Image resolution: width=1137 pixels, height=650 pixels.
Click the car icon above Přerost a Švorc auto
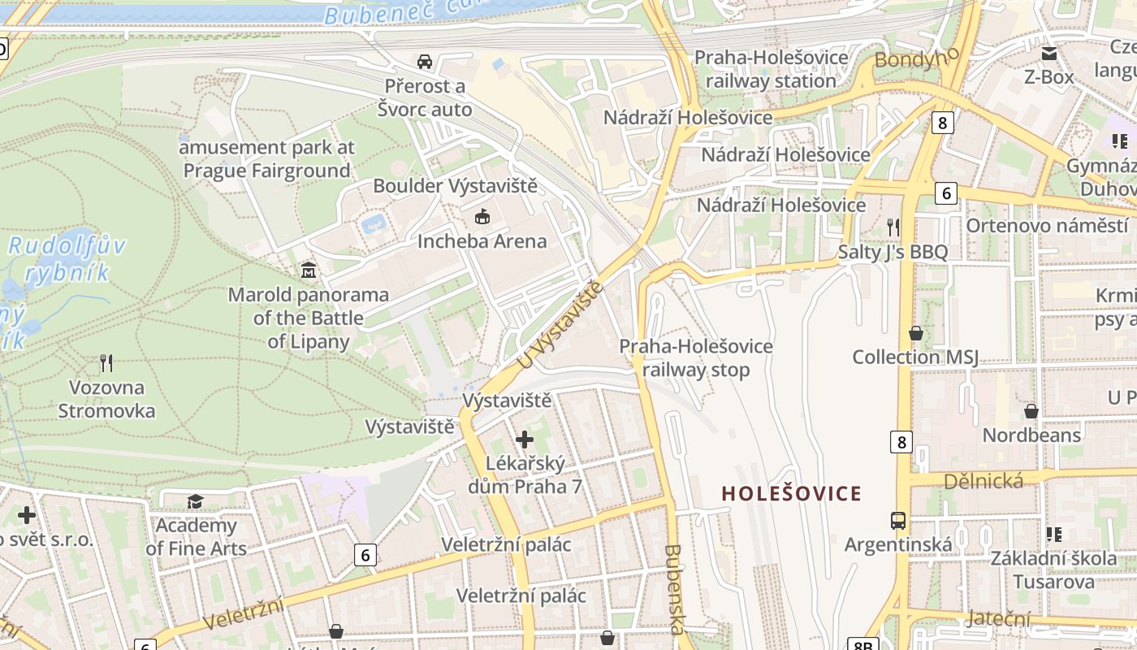424,62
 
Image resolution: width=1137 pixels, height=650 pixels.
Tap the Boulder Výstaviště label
455,186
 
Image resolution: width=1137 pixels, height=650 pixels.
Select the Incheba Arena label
482,241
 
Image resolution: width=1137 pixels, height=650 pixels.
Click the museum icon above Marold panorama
309,270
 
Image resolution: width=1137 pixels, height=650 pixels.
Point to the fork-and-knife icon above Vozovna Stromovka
106,362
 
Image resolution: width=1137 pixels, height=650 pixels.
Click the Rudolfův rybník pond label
67,258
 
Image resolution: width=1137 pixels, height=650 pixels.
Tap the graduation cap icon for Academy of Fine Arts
195,501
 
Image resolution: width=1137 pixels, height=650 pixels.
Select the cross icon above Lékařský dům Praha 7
525,440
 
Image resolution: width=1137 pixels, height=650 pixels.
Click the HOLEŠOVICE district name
791,493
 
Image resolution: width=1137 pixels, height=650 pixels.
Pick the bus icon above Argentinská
898,520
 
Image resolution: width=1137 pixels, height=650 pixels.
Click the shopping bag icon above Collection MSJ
915,333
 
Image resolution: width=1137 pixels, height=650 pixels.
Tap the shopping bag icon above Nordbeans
1031,411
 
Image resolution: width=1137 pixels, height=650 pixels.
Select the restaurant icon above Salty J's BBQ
893,227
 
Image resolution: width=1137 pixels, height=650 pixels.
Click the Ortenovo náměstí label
1046,225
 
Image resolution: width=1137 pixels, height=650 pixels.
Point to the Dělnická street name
983,481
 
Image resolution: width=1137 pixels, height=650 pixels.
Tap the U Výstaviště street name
560,323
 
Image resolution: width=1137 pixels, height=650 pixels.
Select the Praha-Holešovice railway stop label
696,358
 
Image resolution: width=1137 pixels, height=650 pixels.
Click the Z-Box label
1048,77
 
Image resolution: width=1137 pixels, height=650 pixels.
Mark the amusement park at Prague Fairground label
267,159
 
